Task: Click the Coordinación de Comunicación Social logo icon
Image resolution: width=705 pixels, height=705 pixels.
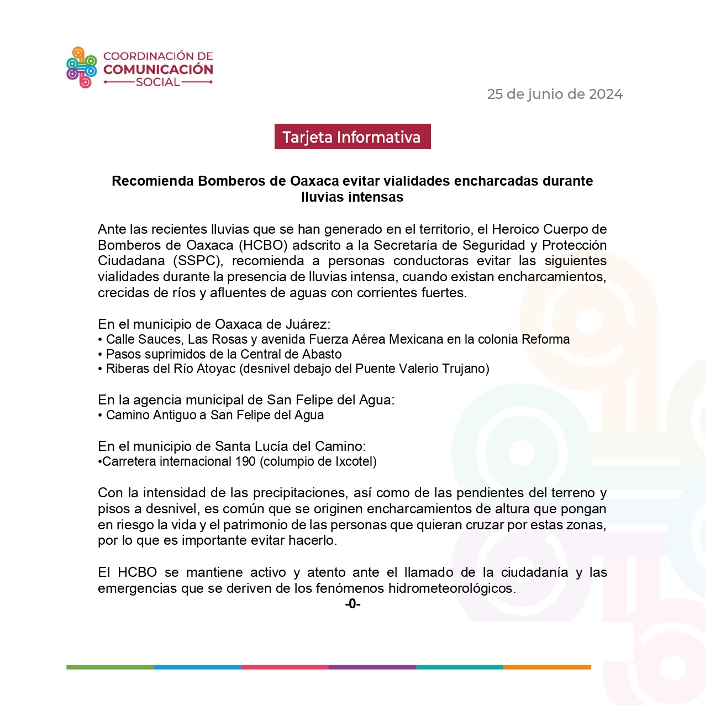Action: (x=81, y=67)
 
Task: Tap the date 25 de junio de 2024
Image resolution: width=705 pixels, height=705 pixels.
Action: (x=555, y=94)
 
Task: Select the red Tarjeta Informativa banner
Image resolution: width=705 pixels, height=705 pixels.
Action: (x=352, y=137)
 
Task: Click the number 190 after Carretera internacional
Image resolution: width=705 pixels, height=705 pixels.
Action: (x=245, y=461)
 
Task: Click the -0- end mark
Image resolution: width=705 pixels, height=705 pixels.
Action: (x=352, y=604)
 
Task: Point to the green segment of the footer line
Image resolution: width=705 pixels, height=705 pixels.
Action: (x=110, y=667)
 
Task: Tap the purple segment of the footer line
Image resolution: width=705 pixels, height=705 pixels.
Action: (x=372, y=667)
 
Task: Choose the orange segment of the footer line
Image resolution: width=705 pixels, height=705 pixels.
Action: (x=547, y=667)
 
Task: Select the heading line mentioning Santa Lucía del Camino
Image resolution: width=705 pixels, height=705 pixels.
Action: (x=232, y=446)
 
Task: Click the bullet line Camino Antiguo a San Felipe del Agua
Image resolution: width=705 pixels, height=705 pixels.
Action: (x=215, y=415)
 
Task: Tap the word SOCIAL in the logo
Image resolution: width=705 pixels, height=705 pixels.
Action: (x=158, y=82)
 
